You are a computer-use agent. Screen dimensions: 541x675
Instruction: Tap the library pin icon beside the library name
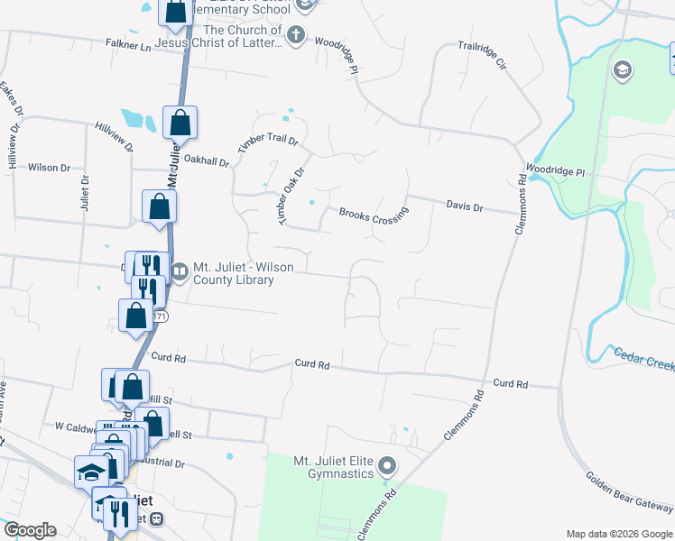click(180, 270)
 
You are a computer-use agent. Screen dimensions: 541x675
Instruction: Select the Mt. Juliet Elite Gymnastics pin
click(388, 466)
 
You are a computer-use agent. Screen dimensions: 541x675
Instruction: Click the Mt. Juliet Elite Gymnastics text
click(333, 467)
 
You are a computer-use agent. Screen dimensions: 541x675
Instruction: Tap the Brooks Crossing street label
click(374, 218)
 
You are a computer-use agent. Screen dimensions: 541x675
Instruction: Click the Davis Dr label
click(465, 206)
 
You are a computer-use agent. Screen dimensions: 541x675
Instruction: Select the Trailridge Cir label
click(483, 56)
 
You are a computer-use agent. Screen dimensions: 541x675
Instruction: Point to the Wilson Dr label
click(49, 168)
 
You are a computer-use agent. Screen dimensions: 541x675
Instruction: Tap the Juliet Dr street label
click(84, 193)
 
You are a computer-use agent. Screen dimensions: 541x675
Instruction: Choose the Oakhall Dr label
click(207, 160)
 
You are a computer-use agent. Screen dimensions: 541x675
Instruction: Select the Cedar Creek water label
click(644, 358)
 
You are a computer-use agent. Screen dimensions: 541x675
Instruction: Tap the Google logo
click(30, 530)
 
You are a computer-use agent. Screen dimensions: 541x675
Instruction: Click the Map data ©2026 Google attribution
click(618, 534)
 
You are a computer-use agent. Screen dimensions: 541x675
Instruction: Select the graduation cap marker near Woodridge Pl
click(622, 70)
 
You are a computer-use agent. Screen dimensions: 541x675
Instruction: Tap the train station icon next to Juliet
click(157, 519)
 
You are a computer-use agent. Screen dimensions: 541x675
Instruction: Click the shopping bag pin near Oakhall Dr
click(180, 123)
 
